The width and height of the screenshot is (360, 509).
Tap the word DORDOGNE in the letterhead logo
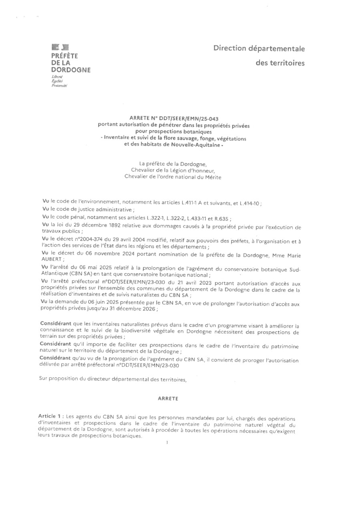click(x=70, y=70)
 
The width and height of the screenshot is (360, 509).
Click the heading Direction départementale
click(x=259, y=49)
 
